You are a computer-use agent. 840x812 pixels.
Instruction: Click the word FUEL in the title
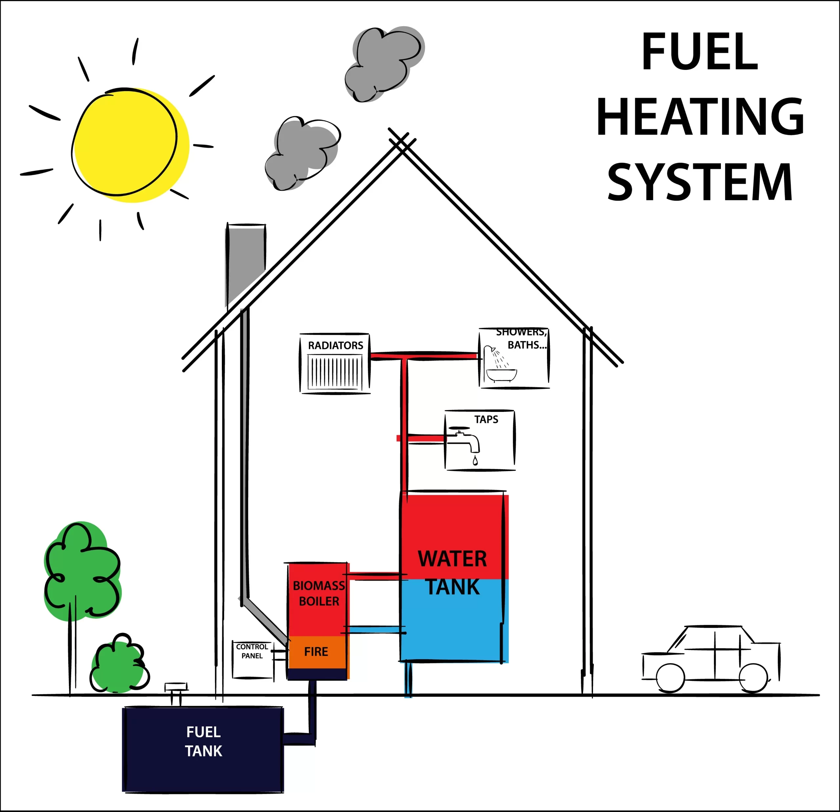click(x=700, y=51)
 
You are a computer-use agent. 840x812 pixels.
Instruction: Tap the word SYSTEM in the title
click(x=700, y=182)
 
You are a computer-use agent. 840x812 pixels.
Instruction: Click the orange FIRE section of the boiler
click(x=316, y=652)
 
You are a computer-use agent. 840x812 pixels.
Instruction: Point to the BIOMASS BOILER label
click(x=319, y=594)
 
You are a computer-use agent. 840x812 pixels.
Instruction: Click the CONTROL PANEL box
click(x=252, y=660)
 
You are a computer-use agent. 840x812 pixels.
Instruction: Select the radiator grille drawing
click(x=335, y=373)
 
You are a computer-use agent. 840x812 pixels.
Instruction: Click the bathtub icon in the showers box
click(x=501, y=375)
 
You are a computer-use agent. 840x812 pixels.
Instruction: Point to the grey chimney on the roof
click(x=245, y=261)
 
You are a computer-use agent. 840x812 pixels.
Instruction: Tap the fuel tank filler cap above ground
click(x=176, y=687)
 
